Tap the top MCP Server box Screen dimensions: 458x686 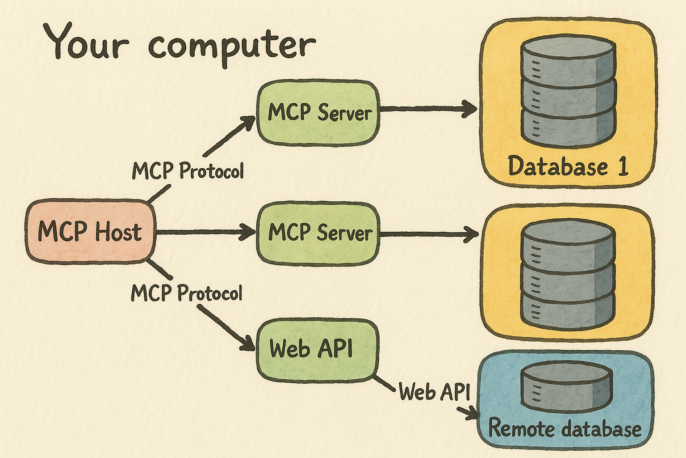(x=318, y=112)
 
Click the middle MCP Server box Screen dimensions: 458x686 (x=318, y=233)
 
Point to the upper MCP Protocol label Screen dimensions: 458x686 (x=188, y=171)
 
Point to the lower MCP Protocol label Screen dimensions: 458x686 (x=187, y=293)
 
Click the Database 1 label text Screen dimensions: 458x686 (x=568, y=166)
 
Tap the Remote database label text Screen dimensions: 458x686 (x=565, y=428)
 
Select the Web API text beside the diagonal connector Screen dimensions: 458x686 (x=434, y=392)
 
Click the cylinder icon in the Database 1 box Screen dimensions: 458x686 (x=569, y=92)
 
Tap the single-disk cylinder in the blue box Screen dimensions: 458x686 (x=565, y=386)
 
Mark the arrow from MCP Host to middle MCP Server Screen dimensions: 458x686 (x=205, y=232)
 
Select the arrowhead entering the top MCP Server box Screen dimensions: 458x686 (x=248, y=122)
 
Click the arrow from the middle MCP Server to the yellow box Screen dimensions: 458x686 (x=429, y=233)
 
